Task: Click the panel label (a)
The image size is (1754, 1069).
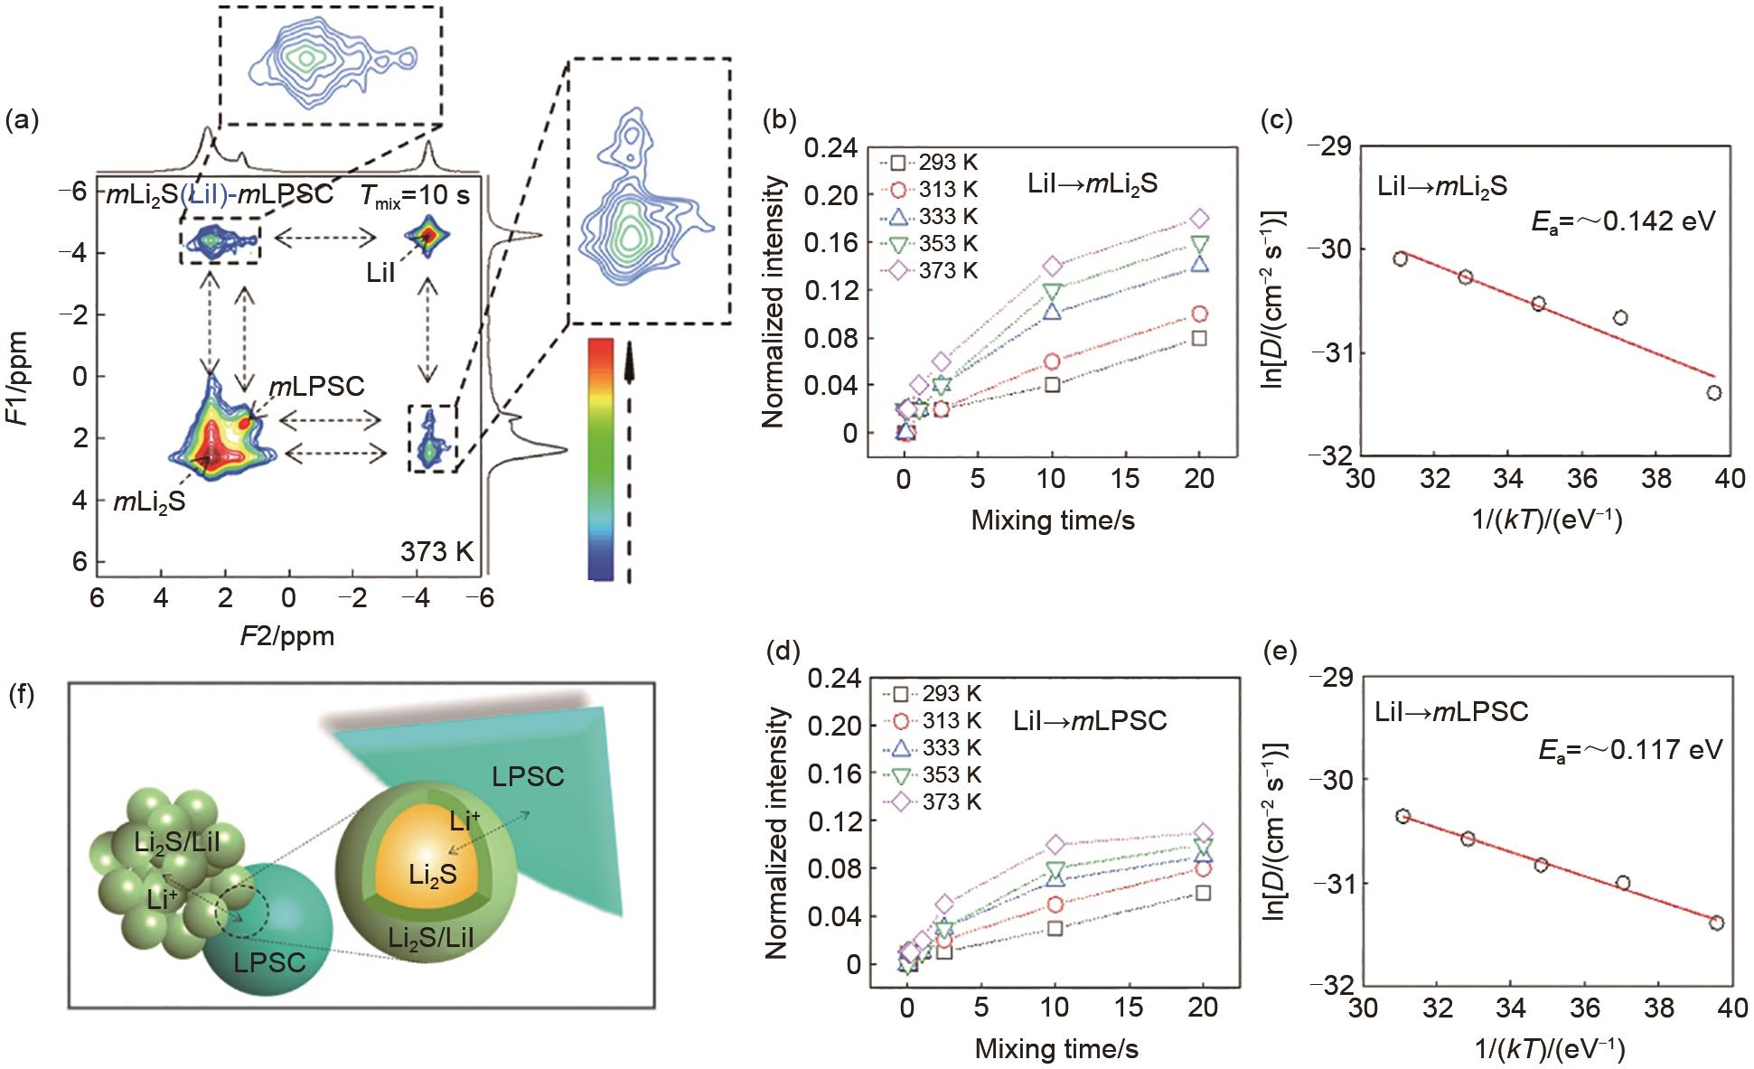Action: (23, 121)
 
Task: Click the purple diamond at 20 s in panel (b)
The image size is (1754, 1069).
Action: (1199, 218)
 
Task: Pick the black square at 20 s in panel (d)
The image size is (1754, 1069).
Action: (1203, 893)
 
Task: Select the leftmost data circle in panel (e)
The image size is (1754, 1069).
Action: (1402, 816)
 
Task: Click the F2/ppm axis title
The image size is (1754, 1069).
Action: (287, 636)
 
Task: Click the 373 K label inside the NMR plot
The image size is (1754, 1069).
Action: (437, 551)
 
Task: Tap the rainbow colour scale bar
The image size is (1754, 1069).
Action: (600, 458)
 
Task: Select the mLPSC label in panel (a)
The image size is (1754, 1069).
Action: (316, 387)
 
